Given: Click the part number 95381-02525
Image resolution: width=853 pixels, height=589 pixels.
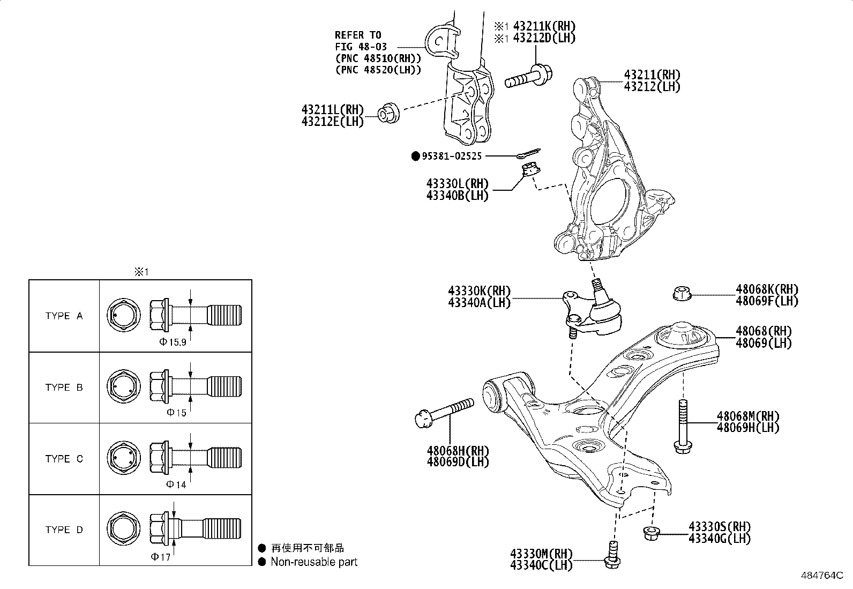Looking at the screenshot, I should pyautogui.click(x=452, y=156).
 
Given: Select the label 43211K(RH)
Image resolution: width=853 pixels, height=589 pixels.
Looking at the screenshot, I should pyautogui.click(x=544, y=26).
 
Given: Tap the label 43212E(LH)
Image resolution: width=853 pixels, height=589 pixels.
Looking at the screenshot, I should pyautogui.click(x=332, y=122).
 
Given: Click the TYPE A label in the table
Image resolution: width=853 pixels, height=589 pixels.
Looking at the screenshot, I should pyautogui.click(x=64, y=316).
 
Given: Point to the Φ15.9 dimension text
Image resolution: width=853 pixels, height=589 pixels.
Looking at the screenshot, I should pyautogui.click(x=173, y=342).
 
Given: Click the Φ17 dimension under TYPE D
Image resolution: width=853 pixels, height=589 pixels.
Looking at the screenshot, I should pyautogui.click(x=161, y=557).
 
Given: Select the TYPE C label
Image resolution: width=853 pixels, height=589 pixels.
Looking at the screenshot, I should pyautogui.click(x=64, y=459).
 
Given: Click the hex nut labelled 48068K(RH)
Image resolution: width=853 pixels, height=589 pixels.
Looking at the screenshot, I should pyautogui.click(x=681, y=294).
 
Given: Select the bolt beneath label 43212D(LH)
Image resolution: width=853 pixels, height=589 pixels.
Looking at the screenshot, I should pyautogui.click(x=530, y=77).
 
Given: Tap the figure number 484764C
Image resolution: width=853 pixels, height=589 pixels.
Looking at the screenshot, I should pyautogui.click(x=822, y=575).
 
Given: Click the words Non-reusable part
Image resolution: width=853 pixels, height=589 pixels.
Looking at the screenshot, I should pyautogui.click(x=313, y=562).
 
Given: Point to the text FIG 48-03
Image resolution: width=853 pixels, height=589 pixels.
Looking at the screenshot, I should pyautogui.click(x=361, y=47).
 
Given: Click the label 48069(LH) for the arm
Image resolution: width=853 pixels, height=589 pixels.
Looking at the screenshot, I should pyautogui.click(x=763, y=344).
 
